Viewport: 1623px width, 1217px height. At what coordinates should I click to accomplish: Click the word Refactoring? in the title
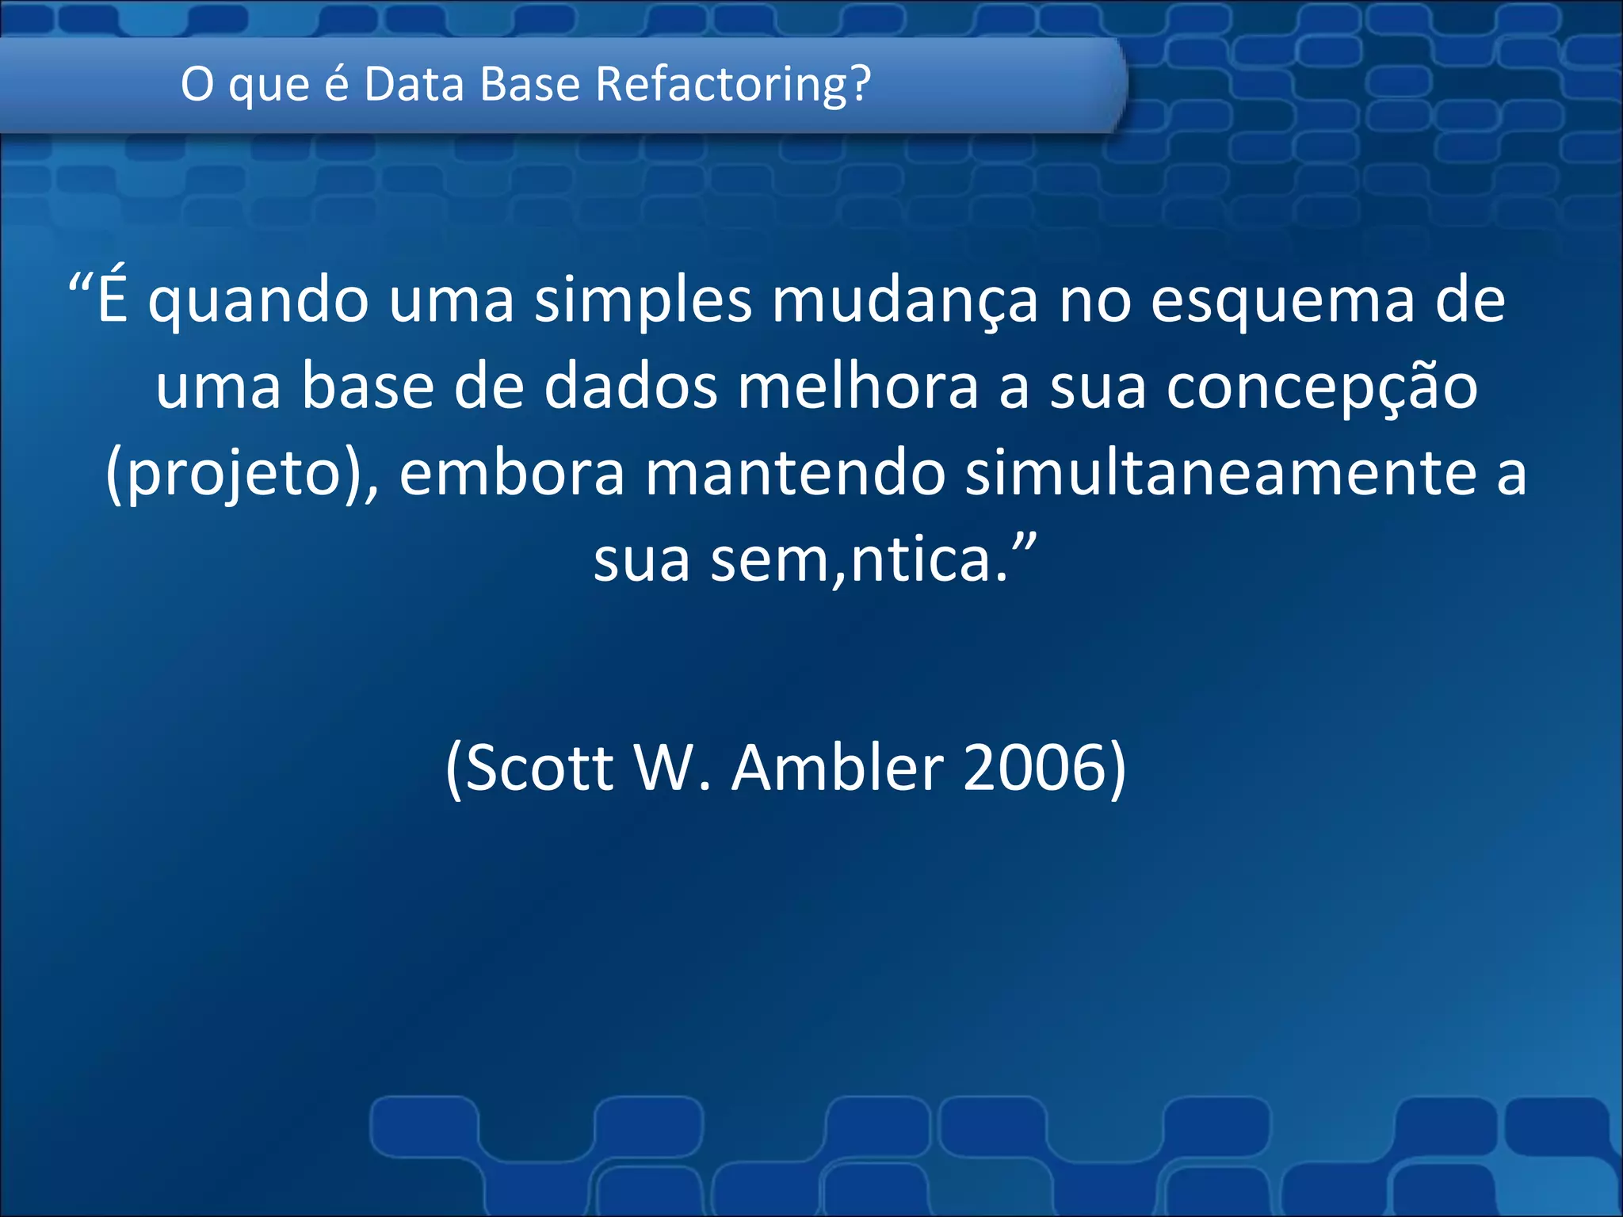pyautogui.click(x=733, y=84)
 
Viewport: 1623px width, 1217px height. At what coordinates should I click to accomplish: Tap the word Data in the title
pyautogui.click(x=414, y=84)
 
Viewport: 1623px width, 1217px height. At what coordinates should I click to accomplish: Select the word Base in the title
pyautogui.click(x=530, y=84)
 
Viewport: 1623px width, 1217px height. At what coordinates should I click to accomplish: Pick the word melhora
pyautogui.click(x=858, y=388)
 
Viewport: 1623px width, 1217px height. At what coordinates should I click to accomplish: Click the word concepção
pyautogui.click(x=1321, y=388)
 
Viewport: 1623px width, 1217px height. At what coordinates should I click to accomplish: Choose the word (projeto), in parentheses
pyautogui.click(x=242, y=474)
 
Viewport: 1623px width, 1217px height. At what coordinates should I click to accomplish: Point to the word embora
pyautogui.click(x=512, y=474)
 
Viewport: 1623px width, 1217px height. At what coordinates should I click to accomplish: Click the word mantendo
pyautogui.click(x=795, y=474)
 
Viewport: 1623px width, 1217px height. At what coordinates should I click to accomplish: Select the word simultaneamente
pyautogui.click(x=1220, y=474)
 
